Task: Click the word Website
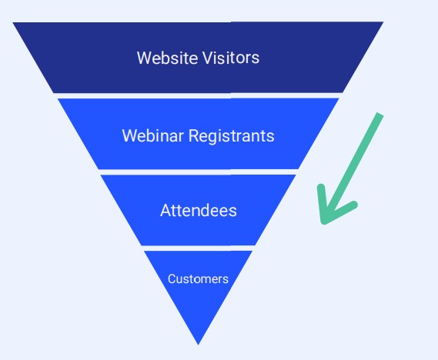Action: (168, 58)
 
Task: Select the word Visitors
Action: (231, 58)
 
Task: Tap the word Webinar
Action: (152, 135)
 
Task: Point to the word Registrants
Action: (231, 137)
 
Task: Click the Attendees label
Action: (199, 210)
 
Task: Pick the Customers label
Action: (198, 278)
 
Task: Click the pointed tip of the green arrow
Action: (323, 222)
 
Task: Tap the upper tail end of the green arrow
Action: (380, 114)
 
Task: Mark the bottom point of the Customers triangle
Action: (199, 345)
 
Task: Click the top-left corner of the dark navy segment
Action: (13, 22)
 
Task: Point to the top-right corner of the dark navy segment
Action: (383, 22)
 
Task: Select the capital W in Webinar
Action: (129, 135)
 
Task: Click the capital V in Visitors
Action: (208, 58)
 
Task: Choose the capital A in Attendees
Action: (166, 210)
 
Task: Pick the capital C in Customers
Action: (172, 278)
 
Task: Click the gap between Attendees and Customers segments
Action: (199, 248)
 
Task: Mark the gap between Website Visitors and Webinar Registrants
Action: (199, 95)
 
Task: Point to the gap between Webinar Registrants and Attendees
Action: (199, 172)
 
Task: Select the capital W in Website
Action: (145, 58)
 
